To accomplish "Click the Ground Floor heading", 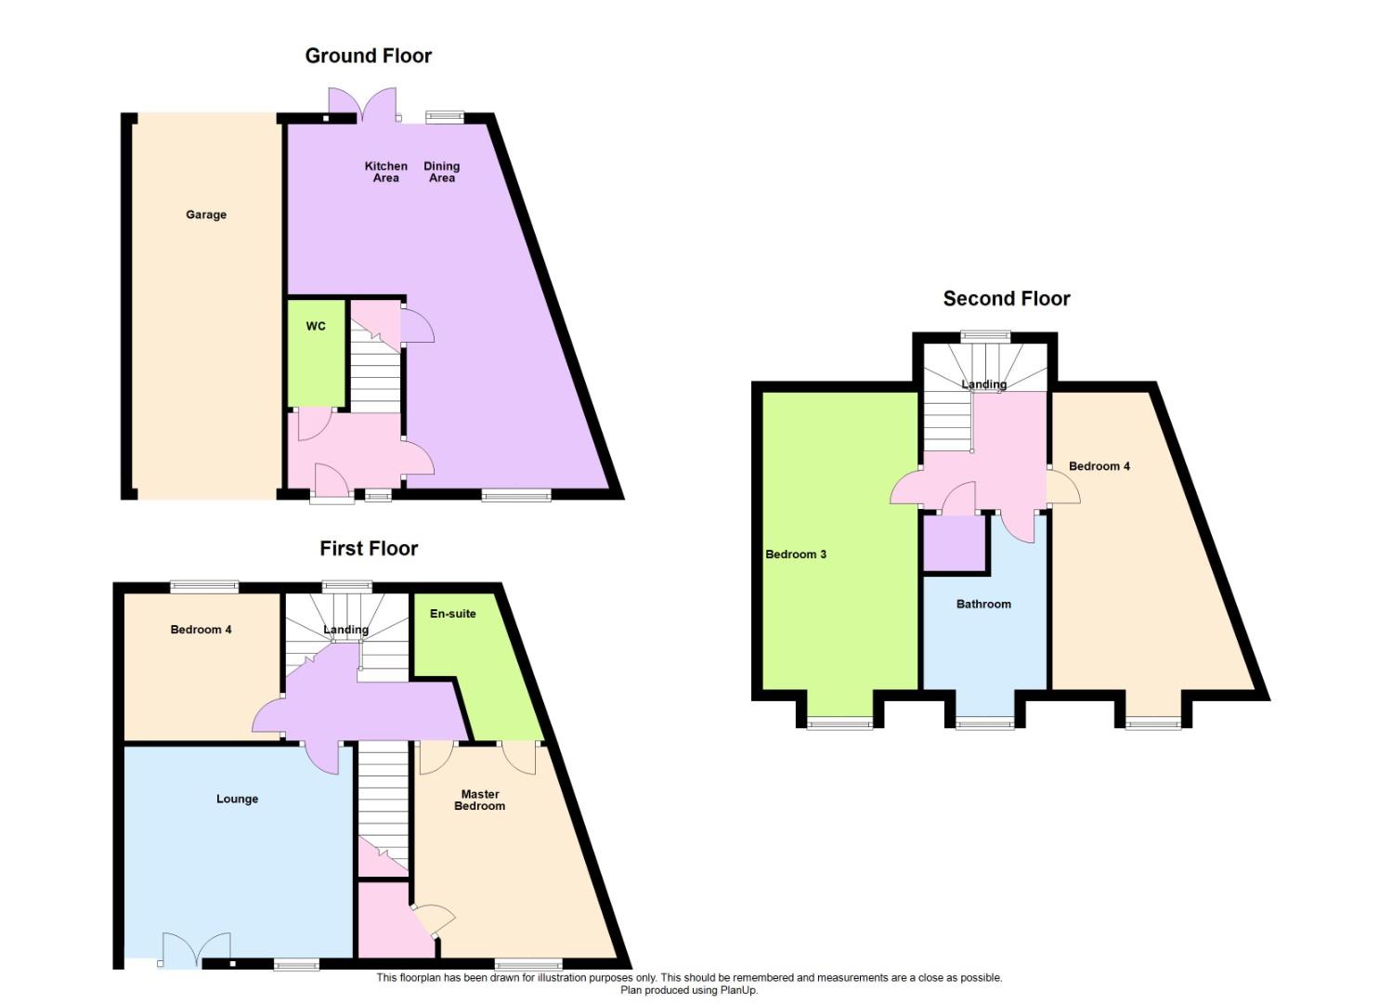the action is pyautogui.click(x=368, y=56).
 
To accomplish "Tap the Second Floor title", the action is pyautogui.click(x=1007, y=299).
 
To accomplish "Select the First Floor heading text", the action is pyautogui.click(x=369, y=549).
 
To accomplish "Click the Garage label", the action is pyautogui.click(x=206, y=215).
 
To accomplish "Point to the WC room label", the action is pyautogui.click(x=316, y=326).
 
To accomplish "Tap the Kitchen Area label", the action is pyautogui.click(x=386, y=172).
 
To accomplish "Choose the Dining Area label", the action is pyautogui.click(x=442, y=172).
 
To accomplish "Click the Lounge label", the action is pyautogui.click(x=237, y=800).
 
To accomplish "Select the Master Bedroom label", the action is pyautogui.click(x=479, y=800).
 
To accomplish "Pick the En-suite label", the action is pyautogui.click(x=453, y=613).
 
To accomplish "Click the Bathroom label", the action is pyautogui.click(x=983, y=604).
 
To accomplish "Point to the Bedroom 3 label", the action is pyautogui.click(x=796, y=554).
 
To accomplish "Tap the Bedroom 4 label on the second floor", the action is pyautogui.click(x=1099, y=466).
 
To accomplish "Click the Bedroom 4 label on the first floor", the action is pyautogui.click(x=201, y=630).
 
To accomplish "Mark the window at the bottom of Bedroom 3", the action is pyautogui.click(x=839, y=724).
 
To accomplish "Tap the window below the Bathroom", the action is pyautogui.click(x=985, y=724).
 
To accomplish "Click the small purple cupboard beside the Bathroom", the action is pyautogui.click(x=955, y=543).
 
